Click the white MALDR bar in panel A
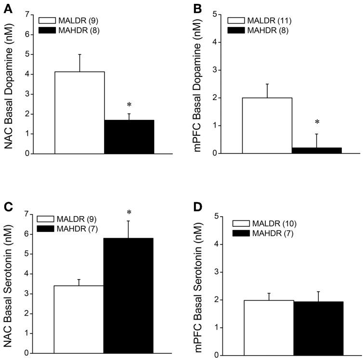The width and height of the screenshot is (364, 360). [80, 113]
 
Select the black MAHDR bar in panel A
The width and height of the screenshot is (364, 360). [129, 137]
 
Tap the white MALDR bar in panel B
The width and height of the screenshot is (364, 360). [267, 126]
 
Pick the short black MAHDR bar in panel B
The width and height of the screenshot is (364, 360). [316, 150]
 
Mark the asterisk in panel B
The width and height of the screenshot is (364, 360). [316, 123]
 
